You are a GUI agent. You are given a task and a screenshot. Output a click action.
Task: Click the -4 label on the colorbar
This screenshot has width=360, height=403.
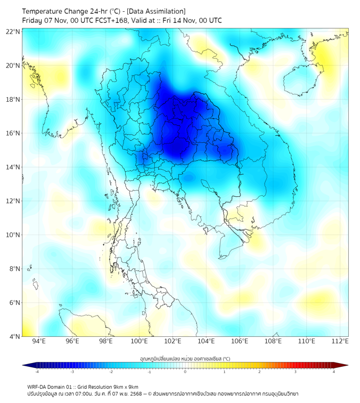click(x=37, y=372)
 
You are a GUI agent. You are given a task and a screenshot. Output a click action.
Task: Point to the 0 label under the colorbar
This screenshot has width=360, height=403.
click(x=185, y=372)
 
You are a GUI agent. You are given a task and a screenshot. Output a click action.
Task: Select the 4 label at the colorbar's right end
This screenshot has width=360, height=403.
click(x=334, y=372)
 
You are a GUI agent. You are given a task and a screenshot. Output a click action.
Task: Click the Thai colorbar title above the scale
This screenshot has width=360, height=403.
click(x=185, y=359)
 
